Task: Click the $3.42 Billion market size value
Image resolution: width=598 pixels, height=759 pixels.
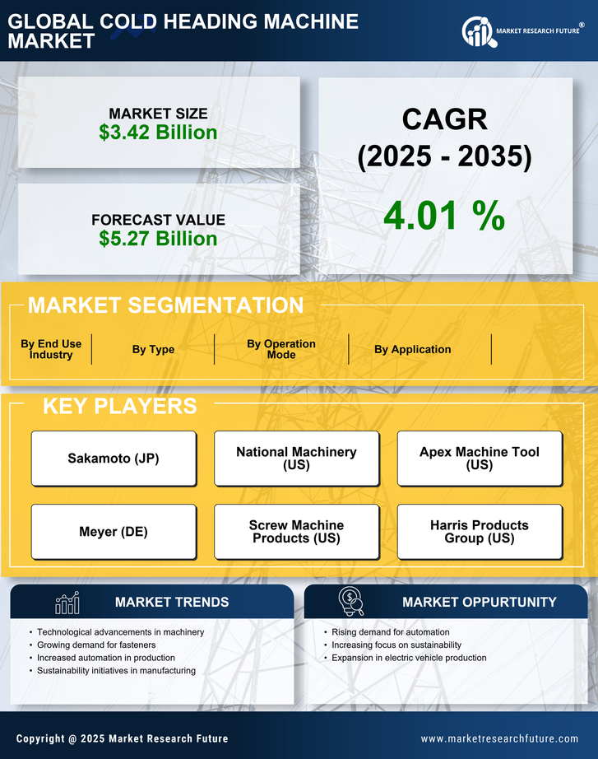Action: [158, 133]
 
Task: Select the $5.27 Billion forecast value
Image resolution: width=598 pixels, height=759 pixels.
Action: [158, 239]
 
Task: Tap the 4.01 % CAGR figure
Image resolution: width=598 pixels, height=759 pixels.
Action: [444, 216]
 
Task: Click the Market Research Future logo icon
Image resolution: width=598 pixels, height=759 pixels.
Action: [478, 32]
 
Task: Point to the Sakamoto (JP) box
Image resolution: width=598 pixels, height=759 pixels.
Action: [114, 459]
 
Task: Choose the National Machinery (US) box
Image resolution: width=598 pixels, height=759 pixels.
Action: [296, 459]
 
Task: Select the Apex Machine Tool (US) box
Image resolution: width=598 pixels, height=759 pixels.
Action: [480, 459]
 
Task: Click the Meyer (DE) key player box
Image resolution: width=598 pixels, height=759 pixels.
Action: [114, 532]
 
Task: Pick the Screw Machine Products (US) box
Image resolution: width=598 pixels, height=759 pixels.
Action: [296, 532]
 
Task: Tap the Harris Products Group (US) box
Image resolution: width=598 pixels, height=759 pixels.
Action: [480, 532]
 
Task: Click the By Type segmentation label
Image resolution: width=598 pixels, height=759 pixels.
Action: [153, 349]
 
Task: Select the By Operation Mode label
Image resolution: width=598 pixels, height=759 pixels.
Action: [281, 349]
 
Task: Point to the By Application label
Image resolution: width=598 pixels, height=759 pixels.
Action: [412, 349]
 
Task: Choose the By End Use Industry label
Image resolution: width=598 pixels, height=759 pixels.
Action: [51, 349]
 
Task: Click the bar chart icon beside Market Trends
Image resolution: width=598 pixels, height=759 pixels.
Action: [67, 603]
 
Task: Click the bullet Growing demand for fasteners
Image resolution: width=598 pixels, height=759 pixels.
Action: [97, 645]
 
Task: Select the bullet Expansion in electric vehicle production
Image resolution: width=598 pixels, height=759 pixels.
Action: [409, 658]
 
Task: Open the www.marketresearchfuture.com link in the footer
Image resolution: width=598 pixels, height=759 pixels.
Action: [499, 738]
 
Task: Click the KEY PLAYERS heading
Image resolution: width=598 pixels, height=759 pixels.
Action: [119, 406]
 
